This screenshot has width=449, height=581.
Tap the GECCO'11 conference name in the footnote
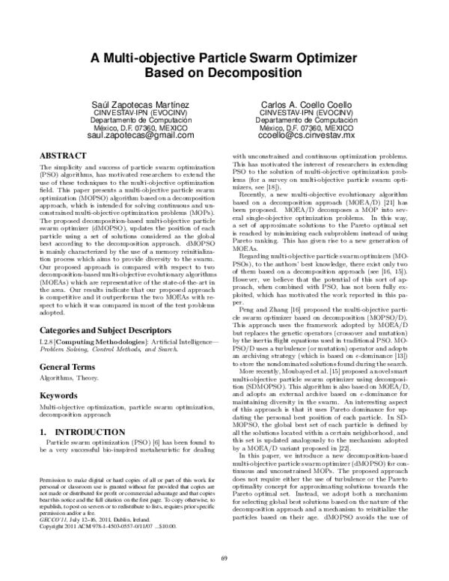coord(51,521)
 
